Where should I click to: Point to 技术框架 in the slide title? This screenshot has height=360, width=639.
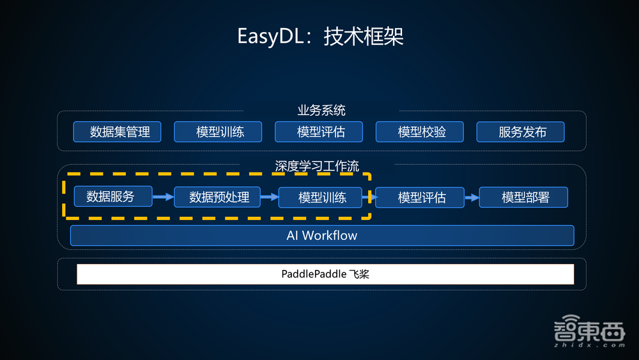pos(364,36)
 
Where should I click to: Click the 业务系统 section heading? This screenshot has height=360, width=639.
pos(321,110)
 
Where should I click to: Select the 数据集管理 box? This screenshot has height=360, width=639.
pos(117,132)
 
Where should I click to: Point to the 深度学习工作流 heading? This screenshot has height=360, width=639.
pos(317,166)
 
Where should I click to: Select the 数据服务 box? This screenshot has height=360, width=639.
pos(113,196)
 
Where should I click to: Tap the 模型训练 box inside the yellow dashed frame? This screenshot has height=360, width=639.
pos(321,197)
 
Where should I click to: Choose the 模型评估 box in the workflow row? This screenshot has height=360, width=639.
pos(421,197)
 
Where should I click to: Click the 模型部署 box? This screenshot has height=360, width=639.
pos(525,197)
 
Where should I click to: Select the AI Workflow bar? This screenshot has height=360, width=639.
pos(321,235)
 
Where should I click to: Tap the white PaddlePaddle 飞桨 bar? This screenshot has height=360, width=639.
pos(325,274)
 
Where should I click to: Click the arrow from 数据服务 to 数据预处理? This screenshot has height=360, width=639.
pos(163,197)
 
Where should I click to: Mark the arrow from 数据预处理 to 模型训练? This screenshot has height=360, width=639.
pos(269,197)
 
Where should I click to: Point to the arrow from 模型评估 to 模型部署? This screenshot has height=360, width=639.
pos(472,197)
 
